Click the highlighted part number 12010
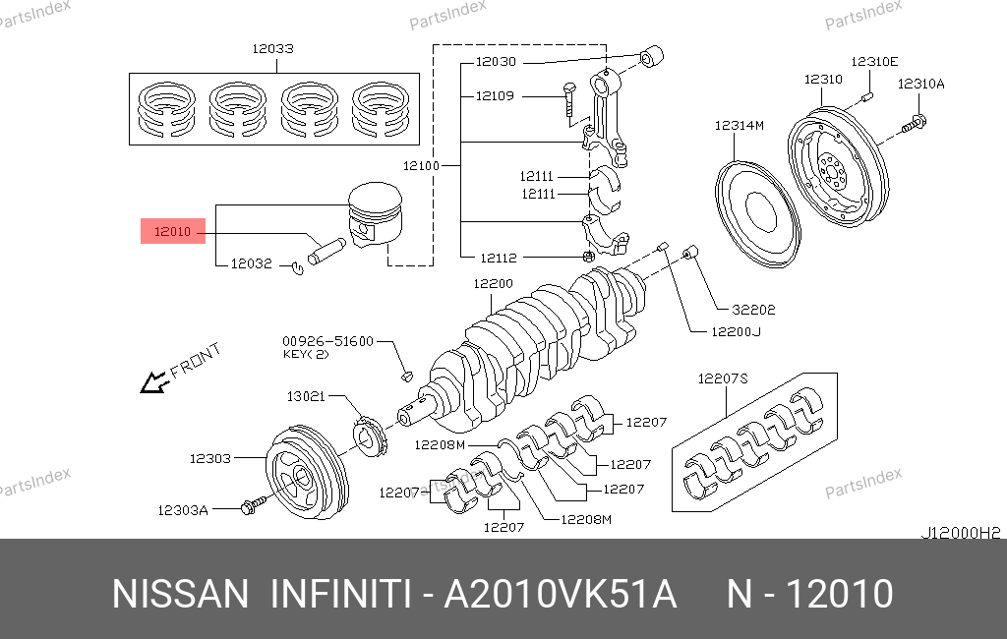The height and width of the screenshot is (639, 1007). pos(172,233)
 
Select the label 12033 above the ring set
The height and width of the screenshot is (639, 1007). pos(271,48)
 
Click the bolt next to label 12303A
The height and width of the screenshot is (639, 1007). pos(251,505)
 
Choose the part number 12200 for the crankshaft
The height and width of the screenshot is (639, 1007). pos(493,283)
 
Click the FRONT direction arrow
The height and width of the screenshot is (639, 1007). pos(153,382)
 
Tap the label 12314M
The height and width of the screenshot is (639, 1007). pos(740,125)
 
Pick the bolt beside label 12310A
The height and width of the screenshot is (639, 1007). pos(914,123)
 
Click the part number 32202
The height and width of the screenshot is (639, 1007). pos(753,309)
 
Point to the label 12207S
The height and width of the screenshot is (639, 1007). pos(723,378)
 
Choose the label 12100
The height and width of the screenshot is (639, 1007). pos(422,166)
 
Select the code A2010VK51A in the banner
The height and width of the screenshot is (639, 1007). pos(561,595)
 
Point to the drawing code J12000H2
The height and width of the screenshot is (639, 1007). pos(960,532)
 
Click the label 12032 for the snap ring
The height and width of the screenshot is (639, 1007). pos(251,263)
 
